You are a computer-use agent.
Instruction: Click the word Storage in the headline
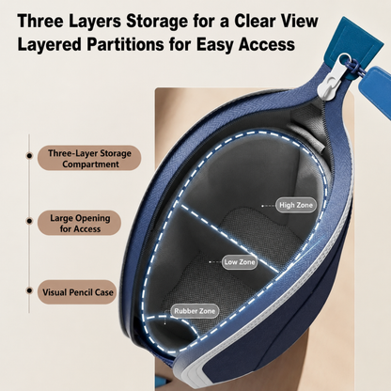[x=157, y=22]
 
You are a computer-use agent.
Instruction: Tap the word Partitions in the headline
[x=125, y=44]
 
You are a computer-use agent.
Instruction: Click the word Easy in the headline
[x=215, y=45]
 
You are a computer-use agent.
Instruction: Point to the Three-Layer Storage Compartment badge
[x=89, y=159]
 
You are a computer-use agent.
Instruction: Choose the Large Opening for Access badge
[x=80, y=224]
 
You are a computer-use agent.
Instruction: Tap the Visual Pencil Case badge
[x=77, y=292]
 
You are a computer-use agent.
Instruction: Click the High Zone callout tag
[x=296, y=205]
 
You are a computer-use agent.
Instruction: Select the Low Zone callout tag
[x=240, y=262]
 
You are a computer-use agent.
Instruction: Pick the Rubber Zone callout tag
[x=195, y=311]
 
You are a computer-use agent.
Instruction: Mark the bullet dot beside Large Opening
[x=29, y=221]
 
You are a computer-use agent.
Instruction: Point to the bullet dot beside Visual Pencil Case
[x=29, y=290]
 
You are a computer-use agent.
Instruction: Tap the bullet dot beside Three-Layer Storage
[x=29, y=155]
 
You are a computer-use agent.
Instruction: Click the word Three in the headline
[x=40, y=21]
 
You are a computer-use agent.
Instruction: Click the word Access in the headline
[x=266, y=44]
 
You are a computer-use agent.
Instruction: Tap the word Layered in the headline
[x=50, y=45]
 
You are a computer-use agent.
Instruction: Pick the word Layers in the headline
[x=95, y=22]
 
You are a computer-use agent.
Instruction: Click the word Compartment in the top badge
[x=90, y=164]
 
